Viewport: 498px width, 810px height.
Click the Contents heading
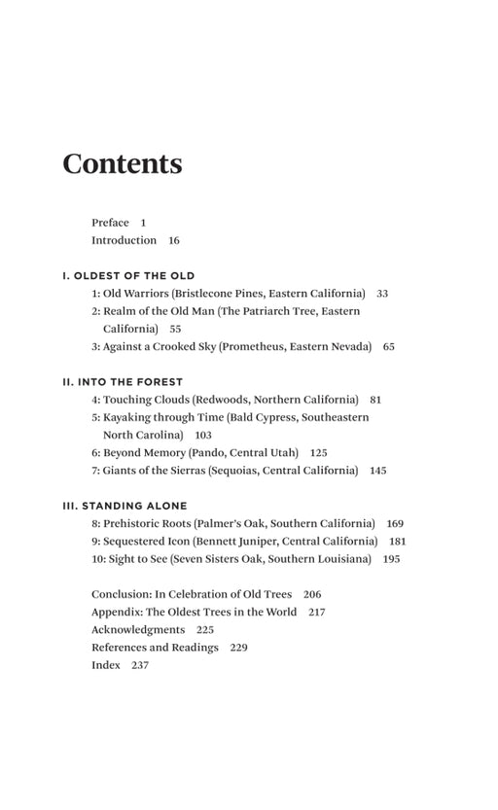click(122, 163)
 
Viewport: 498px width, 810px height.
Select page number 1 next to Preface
click(143, 223)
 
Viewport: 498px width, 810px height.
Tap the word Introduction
click(124, 240)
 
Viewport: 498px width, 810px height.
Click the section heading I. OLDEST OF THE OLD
click(129, 275)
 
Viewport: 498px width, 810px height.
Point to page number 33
click(382, 293)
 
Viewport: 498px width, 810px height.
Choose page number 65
click(389, 346)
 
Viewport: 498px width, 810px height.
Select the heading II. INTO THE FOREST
click(123, 381)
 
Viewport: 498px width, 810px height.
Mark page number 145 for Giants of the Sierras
click(377, 471)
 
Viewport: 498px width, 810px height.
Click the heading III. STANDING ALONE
click(124, 506)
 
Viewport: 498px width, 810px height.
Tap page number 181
click(398, 541)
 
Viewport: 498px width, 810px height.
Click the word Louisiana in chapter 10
click(342, 559)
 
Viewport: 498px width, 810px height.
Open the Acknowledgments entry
click(138, 630)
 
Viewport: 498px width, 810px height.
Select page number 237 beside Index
click(140, 665)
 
